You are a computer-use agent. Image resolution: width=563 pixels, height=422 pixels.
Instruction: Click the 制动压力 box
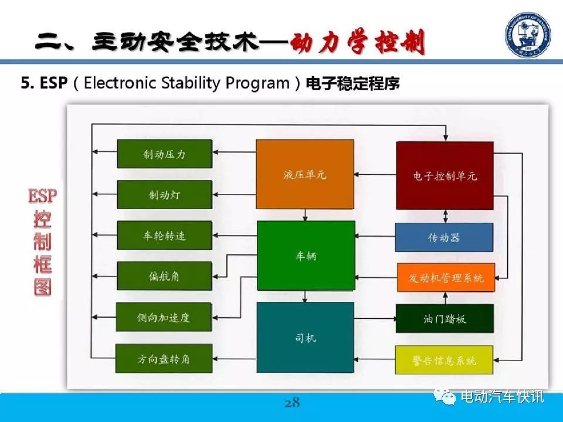(x=164, y=154)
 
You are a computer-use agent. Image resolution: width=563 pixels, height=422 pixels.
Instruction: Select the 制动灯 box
(x=164, y=195)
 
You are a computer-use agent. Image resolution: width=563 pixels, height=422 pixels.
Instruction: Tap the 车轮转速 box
(x=164, y=236)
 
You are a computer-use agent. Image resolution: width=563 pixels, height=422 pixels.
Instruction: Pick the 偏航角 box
(x=164, y=276)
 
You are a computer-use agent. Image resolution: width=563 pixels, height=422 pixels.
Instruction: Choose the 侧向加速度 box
(x=164, y=317)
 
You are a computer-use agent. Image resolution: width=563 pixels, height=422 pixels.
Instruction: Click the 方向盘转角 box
(x=164, y=359)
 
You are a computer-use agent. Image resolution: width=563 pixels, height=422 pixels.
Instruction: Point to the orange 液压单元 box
(x=305, y=175)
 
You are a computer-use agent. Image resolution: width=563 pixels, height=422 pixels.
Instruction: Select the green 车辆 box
(x=306, y=256)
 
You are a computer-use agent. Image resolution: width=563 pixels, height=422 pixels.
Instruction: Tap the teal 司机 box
(x=305, y=338)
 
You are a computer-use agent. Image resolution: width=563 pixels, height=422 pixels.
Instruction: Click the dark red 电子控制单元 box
(x=445, y=175)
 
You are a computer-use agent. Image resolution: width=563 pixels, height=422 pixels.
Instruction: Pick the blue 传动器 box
(x=444, y=237)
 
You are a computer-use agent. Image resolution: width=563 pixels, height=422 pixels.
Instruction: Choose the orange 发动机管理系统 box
(x=446, y=277)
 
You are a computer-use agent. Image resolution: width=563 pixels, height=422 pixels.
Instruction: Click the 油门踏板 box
(x=445, y=319)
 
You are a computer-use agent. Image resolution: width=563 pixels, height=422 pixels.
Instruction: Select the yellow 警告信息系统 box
(x=444, y=360)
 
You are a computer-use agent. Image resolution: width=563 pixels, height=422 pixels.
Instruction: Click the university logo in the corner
(x=528, y=35)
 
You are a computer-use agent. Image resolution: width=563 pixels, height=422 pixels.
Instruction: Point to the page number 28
(x=292, y=403)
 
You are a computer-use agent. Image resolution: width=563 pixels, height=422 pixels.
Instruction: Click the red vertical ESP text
(x=42, y=196)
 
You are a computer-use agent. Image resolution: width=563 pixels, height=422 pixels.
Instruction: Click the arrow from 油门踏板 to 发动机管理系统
(x=446, y=298)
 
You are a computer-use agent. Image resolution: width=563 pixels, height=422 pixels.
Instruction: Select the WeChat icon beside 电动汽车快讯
(x=445, y=396)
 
